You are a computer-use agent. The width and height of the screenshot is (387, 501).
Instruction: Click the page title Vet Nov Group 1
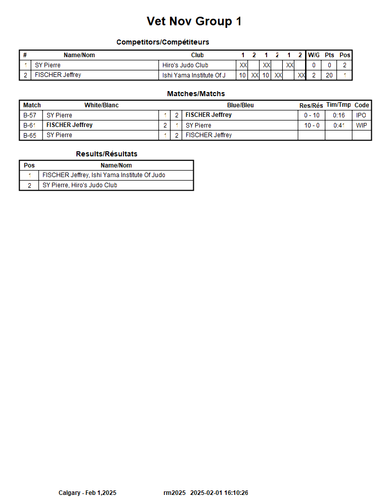(x=194, y=21)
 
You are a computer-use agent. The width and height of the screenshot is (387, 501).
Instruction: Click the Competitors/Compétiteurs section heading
(x=162, y=42)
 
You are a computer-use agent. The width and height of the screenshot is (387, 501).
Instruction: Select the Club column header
(x=197, y=55)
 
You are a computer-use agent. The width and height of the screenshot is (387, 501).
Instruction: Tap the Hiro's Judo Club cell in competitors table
(x=185, y=65)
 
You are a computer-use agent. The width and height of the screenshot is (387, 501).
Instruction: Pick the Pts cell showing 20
(x=329, y=75)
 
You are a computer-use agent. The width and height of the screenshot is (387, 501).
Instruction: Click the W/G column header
(x=314, y=55)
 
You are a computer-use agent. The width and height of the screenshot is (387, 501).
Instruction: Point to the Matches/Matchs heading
(x=196, y=94)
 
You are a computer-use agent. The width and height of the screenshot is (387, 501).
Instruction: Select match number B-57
(x=30, y=115)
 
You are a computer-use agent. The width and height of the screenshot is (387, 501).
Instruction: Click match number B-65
(x=30, y=135)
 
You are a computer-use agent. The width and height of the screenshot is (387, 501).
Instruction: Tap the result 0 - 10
(x=312, y=115)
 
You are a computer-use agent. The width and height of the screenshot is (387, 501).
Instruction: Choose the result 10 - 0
(x=312, y=126)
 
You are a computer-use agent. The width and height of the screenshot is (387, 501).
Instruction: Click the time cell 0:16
(x=338, y=115)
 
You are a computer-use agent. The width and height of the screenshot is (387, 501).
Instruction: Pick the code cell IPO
(x=361, y=115)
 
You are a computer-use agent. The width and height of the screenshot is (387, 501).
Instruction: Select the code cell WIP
(x=361, y=126)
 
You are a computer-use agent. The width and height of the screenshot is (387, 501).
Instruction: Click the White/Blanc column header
(x=101, y=105)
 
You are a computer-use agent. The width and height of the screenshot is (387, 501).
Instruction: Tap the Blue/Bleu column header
(x=240, y=105)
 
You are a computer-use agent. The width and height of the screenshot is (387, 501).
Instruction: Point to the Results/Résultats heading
(x=106, y=154)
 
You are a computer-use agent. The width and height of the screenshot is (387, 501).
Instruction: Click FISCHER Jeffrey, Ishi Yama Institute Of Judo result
(x=104, y=175)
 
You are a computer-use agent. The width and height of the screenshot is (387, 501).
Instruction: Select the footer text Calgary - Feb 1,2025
(x=88, y=493)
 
